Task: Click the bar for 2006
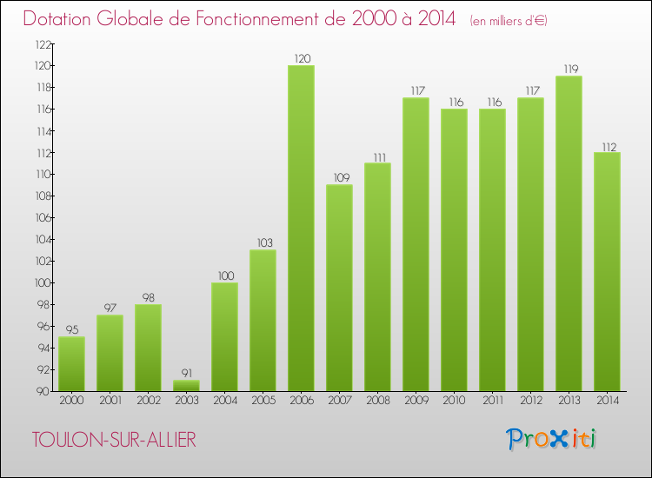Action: (x=301, y=228)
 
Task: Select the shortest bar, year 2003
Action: (x=186, y=385)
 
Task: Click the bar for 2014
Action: (x=607, y=271)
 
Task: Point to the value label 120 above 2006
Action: (x=301, y=58)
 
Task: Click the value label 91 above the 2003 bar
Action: (x=186, y=373)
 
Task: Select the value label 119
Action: (x=569, y=69)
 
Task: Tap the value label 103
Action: (x=263, y=242)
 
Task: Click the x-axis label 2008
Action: (x=377, y=401)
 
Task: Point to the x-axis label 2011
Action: (x=492, y=401)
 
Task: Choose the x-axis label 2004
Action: (x=224, y=401)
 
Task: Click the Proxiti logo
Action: (x=552, y=439)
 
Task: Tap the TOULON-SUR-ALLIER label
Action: (x=114, y=440)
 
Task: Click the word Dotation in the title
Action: (x=60, y=18)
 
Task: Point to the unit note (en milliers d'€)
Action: (x=508, y=20)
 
